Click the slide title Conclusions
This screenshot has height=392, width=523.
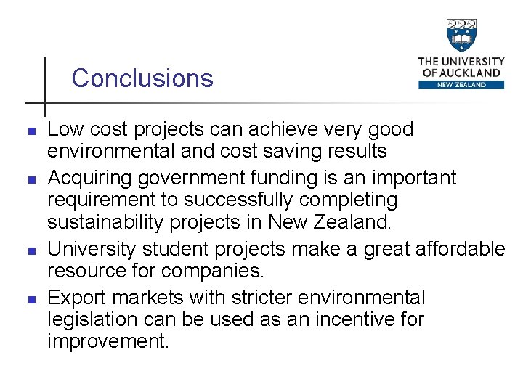click(x=142, y=78)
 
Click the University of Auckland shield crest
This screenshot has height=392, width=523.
click(x=461, y=36)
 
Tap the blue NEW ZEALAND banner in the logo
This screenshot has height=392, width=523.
click(x=461, y=84)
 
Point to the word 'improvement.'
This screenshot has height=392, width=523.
click(x=108, y=341)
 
